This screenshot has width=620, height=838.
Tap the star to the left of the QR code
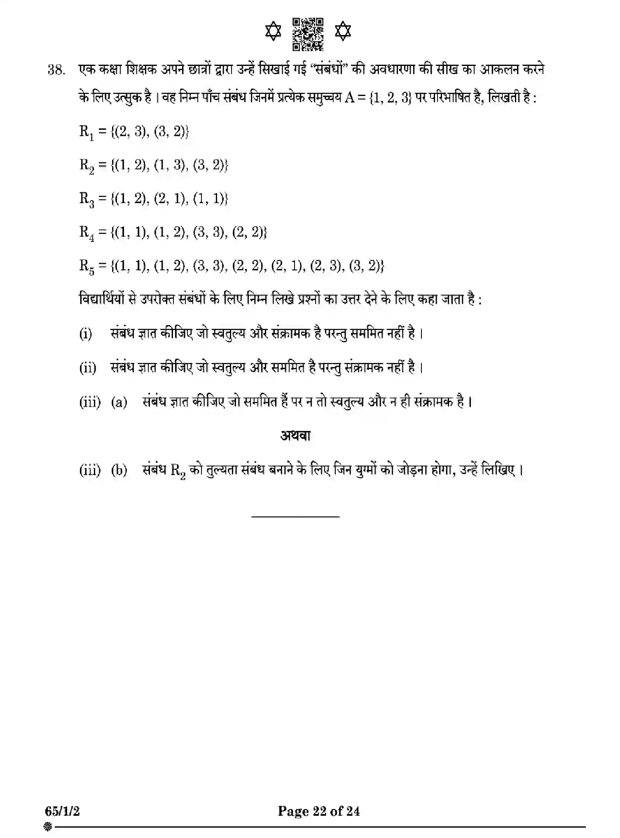pos(273,32)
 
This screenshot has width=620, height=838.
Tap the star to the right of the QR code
pos(343,32)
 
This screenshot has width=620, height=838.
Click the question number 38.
pos(57,70)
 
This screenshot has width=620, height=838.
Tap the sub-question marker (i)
pos(86,333)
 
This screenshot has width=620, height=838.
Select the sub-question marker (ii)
pos(88,367)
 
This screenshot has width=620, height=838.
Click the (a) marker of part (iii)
pos(119,402)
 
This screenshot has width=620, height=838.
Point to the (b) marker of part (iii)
pos(119,470)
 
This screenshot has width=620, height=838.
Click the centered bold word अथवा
pos(295,435)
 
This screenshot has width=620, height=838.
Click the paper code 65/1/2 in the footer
pos(63,811)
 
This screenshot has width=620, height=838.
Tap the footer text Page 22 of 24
pos(318,811)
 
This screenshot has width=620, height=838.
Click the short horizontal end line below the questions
pos(295,516)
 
